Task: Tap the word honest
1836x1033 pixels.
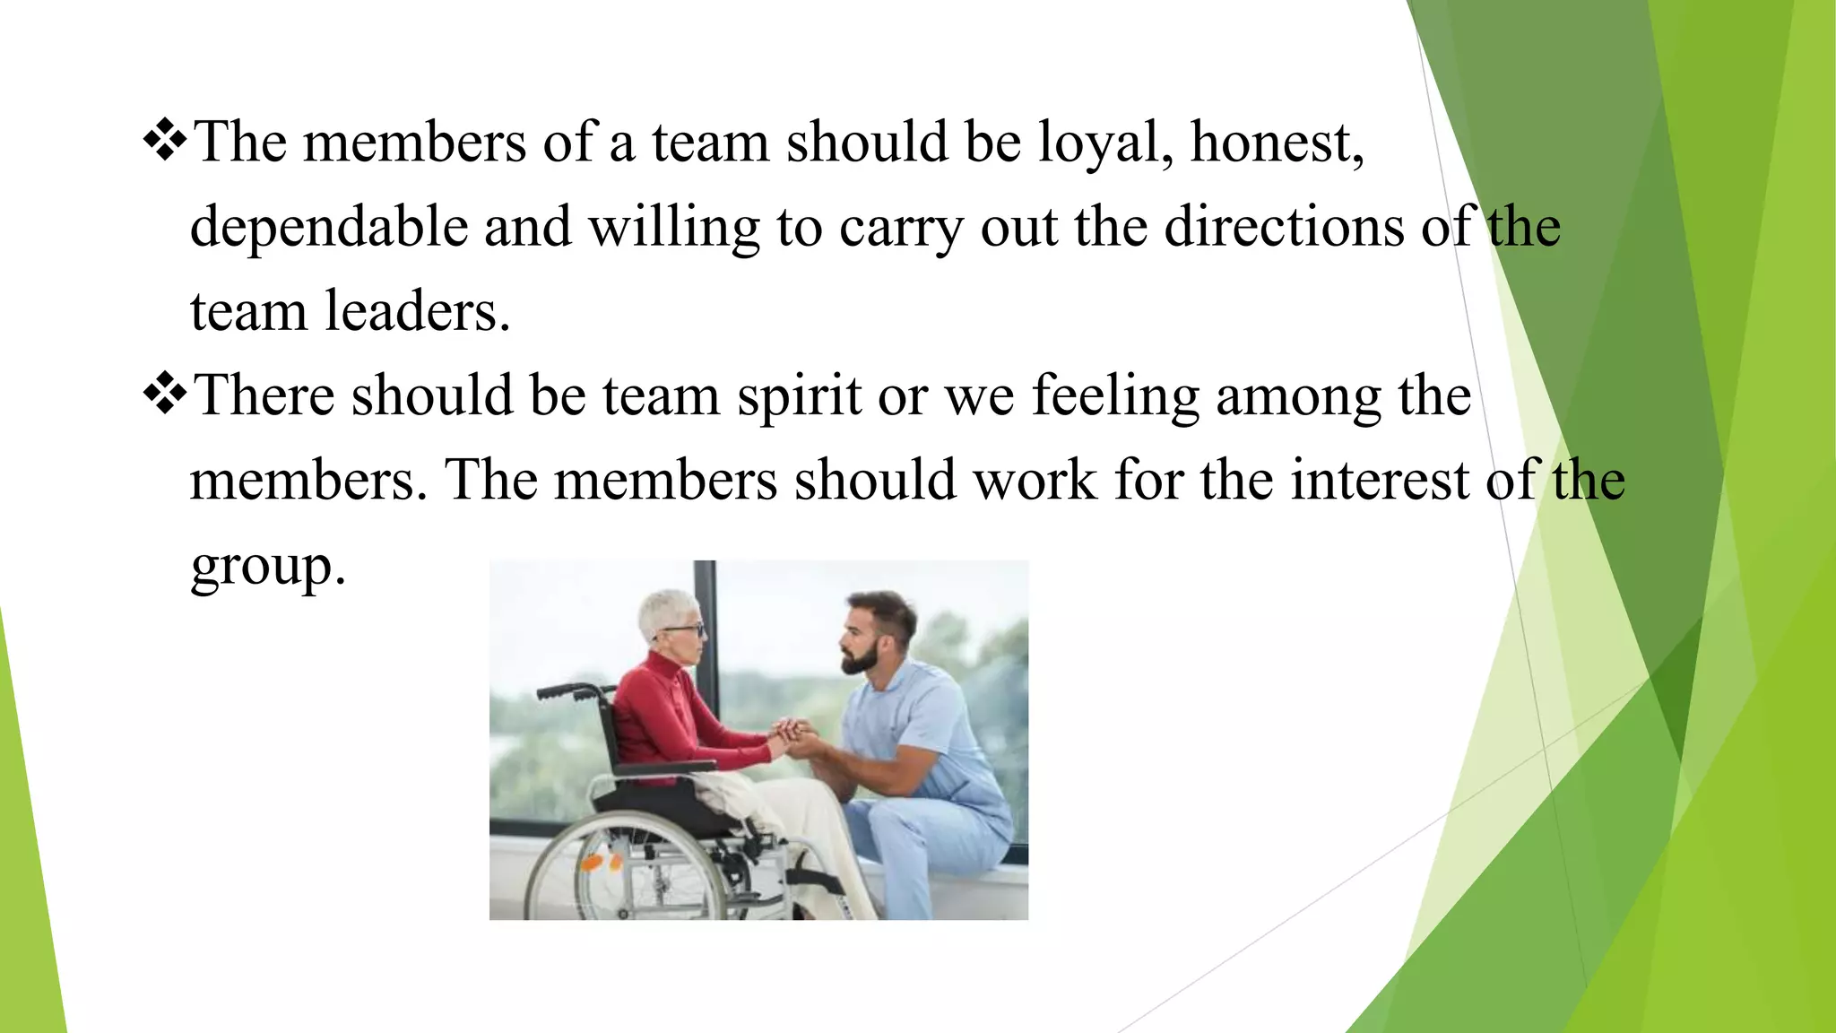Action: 1277,143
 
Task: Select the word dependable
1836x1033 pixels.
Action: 329,227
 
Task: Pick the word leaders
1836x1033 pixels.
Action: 417,311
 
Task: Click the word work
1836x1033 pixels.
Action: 1035,481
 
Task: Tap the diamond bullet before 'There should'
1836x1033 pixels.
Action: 165,395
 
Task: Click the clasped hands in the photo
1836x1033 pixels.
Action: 792,737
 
